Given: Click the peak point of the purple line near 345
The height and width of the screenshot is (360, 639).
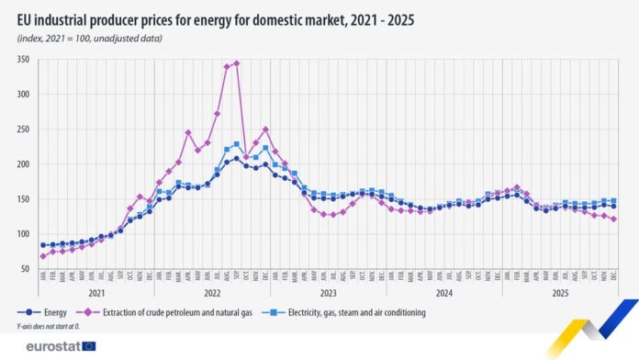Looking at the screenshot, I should click(237, 63).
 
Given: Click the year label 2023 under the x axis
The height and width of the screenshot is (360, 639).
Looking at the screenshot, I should click(328, 292).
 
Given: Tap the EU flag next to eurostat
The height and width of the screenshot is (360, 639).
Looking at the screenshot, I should click(89, 346).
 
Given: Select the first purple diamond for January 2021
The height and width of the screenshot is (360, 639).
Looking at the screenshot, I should click(43, 256).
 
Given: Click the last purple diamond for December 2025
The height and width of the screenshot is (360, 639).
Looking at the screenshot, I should click(613, 219).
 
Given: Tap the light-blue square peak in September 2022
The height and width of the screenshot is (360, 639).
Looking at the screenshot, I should click(237, 144).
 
